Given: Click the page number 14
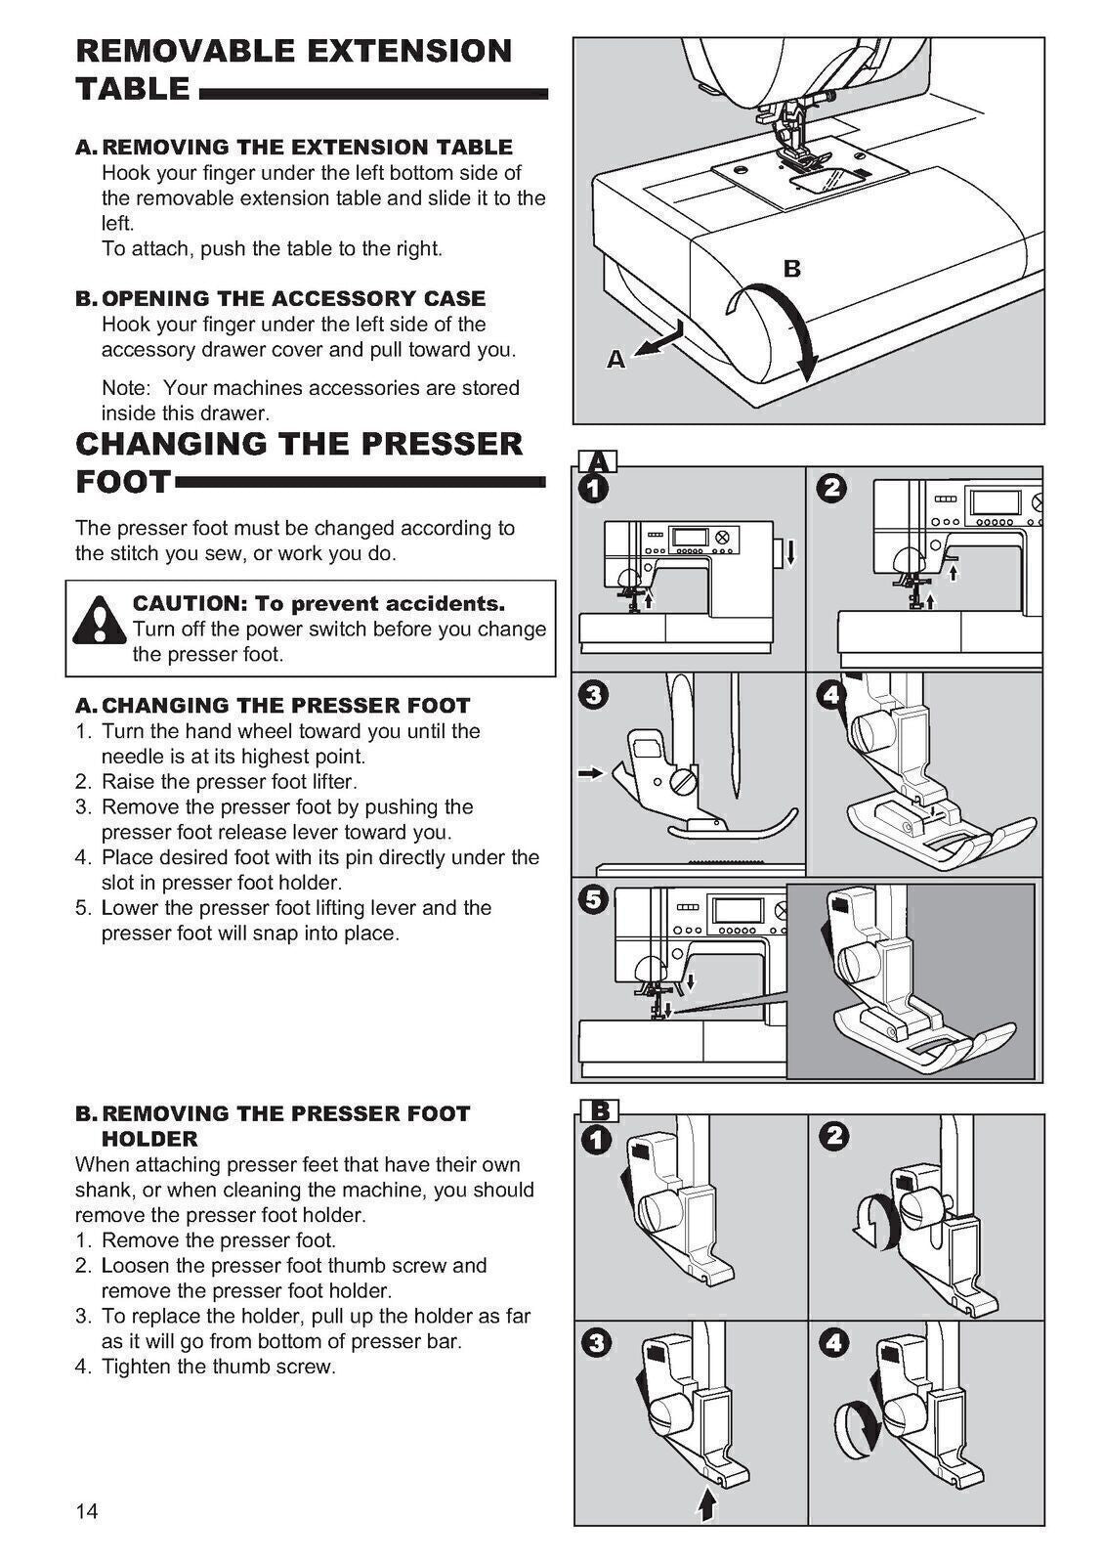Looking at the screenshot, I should coord(87,1512).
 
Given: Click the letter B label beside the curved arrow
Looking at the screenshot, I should coord(792,269).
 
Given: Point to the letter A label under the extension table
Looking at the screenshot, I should coord(615,360).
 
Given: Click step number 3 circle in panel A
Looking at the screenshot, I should coord(593,695).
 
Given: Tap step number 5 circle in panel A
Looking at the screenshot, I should coord(593,898).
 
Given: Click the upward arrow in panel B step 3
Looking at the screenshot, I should coord(707,1502).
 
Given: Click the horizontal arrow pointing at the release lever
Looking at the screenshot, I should coord(591,773).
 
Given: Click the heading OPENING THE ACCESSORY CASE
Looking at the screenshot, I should coord(293,298).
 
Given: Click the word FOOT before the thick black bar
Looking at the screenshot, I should coord(122,482).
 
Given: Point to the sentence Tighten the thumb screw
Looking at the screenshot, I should coord(218,1367).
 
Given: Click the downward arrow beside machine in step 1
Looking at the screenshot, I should coord(789,554).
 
